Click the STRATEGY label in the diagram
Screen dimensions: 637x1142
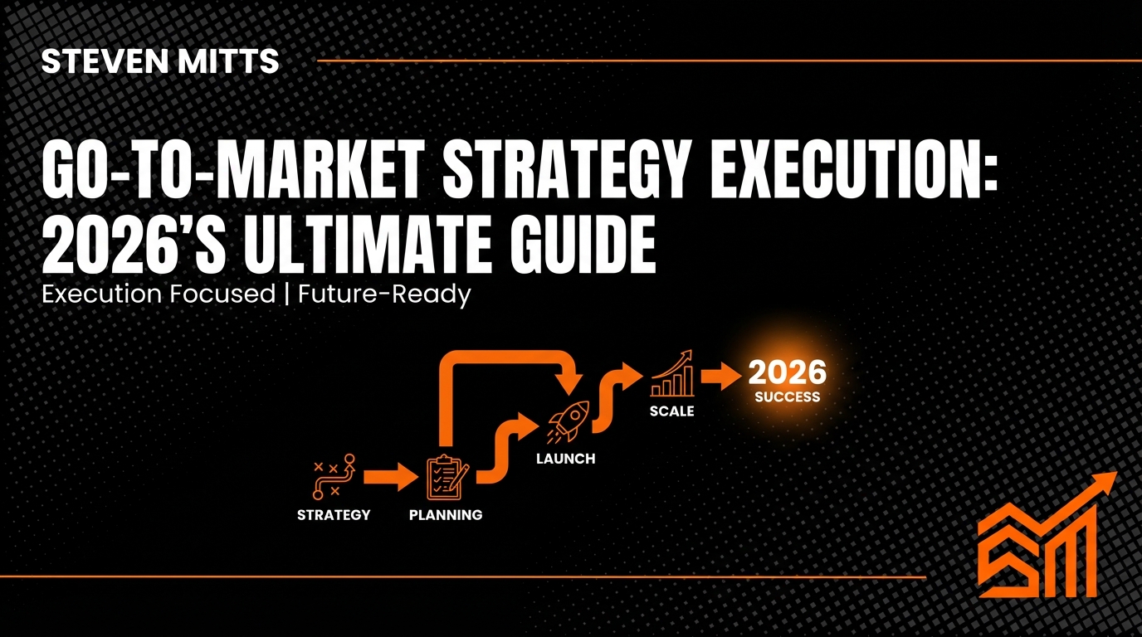click(334, 515)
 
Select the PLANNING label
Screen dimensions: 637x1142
click(446, 515)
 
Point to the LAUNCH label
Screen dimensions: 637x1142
click(565, 458)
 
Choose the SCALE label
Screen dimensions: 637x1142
click(671, 411)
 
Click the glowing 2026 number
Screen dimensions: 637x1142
click(787, 373)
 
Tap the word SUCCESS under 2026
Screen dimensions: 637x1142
click(787, 397)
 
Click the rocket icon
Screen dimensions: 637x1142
click(569, 420)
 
